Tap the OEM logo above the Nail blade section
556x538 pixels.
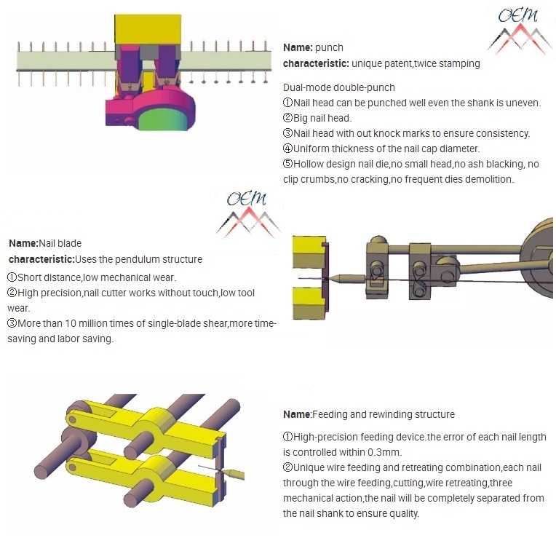coord(247,213)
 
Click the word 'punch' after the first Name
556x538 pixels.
coord(329,47)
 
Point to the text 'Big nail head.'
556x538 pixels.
coord(322,118)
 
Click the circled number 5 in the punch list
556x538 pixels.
coord(287,164)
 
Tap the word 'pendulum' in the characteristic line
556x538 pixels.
coord(143,259)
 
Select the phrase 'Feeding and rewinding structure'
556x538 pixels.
coord(384,414)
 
